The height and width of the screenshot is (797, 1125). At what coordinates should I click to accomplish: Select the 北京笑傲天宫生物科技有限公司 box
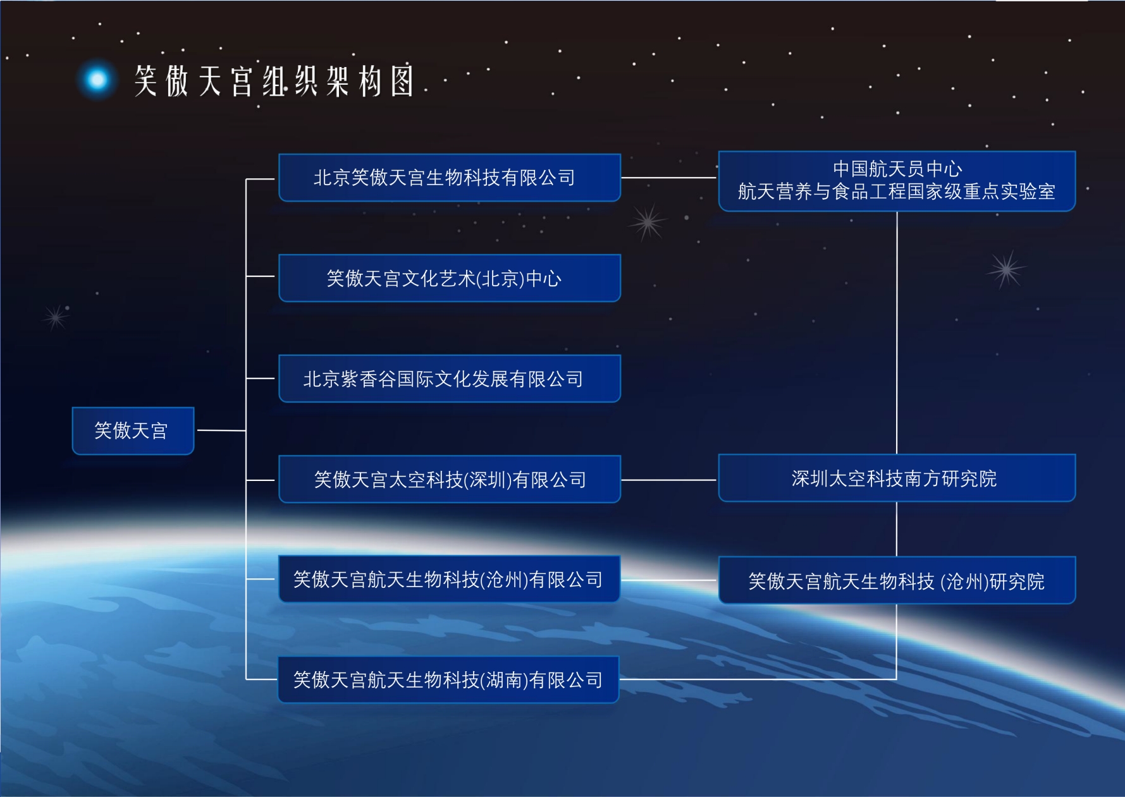click(450, 178)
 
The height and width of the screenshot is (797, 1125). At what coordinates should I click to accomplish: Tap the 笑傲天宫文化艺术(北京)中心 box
click(450, 278)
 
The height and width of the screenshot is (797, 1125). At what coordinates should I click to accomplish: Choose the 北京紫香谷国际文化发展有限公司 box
click(450, 379)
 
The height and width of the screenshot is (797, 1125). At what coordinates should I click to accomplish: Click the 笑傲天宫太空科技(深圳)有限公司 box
click(450, 479)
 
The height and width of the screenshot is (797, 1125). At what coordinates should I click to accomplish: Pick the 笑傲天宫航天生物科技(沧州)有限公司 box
click(449, 579)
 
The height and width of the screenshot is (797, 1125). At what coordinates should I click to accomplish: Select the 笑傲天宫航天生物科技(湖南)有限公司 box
click(448, 679)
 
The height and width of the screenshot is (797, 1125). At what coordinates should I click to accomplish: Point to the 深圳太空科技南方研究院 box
click(897, 478)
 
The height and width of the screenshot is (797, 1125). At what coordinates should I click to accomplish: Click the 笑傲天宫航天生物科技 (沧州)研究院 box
click(897, 580)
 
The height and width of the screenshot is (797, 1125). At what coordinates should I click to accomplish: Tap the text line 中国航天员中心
click(897, 169)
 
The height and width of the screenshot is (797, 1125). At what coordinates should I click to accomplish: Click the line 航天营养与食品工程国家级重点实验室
click(897, 192)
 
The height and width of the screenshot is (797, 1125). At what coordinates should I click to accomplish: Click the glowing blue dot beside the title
click(97, 80)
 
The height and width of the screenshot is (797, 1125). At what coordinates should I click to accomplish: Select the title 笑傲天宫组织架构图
click(274, 81)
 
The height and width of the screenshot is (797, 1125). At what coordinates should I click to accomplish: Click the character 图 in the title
click(402, 81)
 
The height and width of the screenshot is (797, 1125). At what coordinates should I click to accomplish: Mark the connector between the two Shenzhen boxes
click(670, 480)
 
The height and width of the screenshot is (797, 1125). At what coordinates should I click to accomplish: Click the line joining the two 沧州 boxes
click(669, 580)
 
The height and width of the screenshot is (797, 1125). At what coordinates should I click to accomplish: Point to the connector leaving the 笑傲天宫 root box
click(221, 430)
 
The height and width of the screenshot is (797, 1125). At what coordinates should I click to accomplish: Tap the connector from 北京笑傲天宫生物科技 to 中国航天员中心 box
click(670, 178)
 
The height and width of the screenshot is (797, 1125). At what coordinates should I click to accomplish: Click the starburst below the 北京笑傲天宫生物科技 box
click(648, 222)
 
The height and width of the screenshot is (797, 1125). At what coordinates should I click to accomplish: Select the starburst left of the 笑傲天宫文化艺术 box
click(56, 317)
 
